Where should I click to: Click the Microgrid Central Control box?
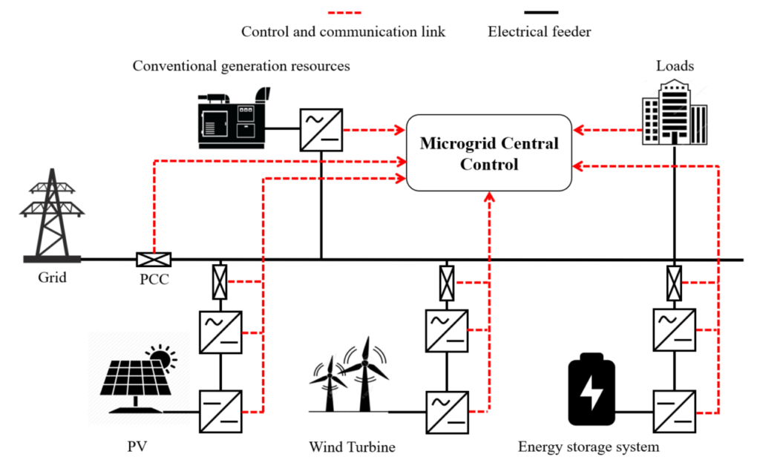coord(489,154)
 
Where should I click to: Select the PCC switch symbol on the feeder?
coord(154,259)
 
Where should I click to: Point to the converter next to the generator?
coord(321,129)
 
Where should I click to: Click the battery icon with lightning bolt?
coord(592,391)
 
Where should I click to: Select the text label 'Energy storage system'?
coord(589,447)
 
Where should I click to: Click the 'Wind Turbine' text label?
coord(352,447)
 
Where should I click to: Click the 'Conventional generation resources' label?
coord(241,66)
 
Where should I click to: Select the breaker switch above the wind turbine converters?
coord(446,282)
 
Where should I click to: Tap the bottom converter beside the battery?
coord(674,409)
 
